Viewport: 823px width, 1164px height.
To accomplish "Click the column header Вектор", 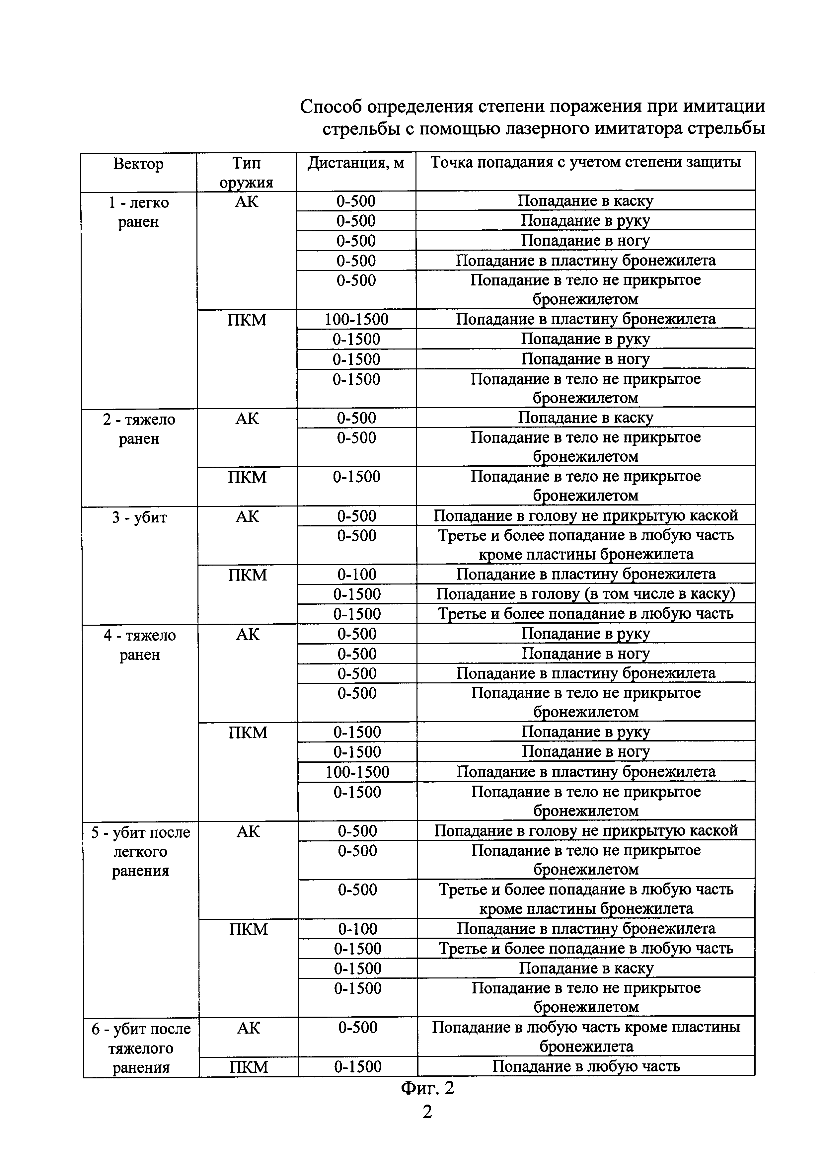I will pyautogui.click(x=138, y=164).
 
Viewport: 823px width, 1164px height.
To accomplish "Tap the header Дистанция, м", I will pyautogui.click(x=356, y=163).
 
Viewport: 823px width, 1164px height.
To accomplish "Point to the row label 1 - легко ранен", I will pyautogui.click(x=138, y=212).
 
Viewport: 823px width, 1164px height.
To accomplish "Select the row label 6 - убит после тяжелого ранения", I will pyautogui.click(x=141, y=1048).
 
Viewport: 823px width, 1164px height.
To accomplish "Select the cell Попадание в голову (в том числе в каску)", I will pyautogui.click(x=585, y=594).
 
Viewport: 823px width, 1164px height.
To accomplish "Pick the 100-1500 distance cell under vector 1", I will pyautogui.click(x=356, y=319).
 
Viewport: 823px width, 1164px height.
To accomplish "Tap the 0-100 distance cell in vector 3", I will pyautogui.click(x=357, y=575).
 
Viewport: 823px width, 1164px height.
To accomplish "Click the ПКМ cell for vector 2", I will pyautogui.click(x=247, y=477).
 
